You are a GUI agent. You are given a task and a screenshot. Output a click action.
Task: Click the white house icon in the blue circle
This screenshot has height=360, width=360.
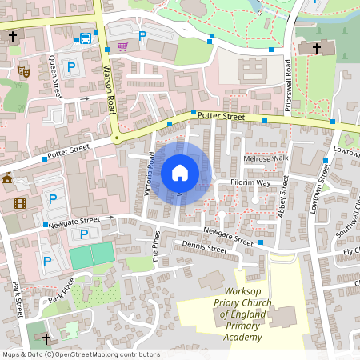179,173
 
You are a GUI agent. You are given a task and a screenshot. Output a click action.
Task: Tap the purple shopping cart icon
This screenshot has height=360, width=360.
122,46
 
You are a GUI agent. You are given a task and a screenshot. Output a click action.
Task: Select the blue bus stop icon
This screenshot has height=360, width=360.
85,38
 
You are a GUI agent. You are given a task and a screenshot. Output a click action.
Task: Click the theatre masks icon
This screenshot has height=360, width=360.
24,71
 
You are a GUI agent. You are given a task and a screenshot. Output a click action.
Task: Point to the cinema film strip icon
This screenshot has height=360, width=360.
19,203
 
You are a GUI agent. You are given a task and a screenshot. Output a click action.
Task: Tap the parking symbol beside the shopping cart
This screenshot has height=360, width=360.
142,35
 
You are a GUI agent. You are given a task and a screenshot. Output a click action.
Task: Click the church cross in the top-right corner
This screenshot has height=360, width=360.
316,49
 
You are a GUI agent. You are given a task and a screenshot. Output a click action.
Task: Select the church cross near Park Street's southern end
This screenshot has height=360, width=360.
46,338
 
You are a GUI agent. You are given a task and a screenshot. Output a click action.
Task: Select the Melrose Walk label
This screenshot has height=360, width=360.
265,158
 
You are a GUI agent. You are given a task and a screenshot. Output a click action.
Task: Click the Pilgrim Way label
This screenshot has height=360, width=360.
251,183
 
